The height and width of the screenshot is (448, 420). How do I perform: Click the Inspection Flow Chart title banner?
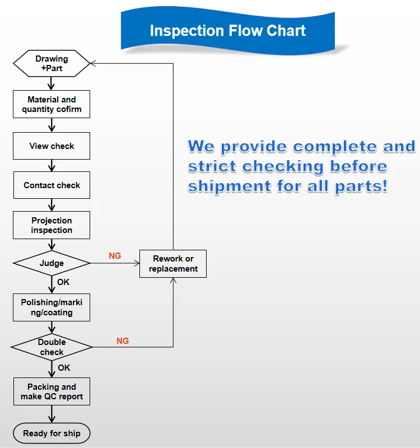click(227, 30)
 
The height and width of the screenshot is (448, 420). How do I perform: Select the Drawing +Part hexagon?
click(52, 63)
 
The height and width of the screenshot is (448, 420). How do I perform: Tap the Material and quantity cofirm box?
click(52, 104)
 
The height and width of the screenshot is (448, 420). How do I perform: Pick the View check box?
click(52, 146)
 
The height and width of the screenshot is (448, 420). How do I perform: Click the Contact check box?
click(52, 185)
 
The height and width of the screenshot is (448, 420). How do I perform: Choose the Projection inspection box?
click(52, 225)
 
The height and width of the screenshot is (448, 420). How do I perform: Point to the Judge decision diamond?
click(52, 263)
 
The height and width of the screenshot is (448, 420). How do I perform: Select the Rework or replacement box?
click(173, 264)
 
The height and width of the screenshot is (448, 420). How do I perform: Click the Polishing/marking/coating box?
click(52, 307)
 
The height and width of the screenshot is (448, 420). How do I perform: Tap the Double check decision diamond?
click(52, 347)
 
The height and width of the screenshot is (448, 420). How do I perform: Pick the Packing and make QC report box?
click(52, 391)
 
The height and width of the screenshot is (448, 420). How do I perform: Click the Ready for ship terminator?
click(52, 433)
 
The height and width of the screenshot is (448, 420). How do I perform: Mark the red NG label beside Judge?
click(115, 256)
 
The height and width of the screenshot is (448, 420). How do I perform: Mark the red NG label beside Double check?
click(123, 340)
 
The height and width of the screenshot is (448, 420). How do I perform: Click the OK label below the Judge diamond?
click(63, 282)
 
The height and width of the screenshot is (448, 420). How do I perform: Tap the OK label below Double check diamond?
click(64, 368)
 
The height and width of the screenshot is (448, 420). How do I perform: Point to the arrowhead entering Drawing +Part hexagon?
click(94, 63)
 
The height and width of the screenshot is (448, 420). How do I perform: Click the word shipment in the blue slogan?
click(221, 186)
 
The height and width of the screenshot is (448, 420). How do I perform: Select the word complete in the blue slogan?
click(334, 147)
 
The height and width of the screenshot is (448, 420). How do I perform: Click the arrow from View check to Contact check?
click(52, 166)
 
